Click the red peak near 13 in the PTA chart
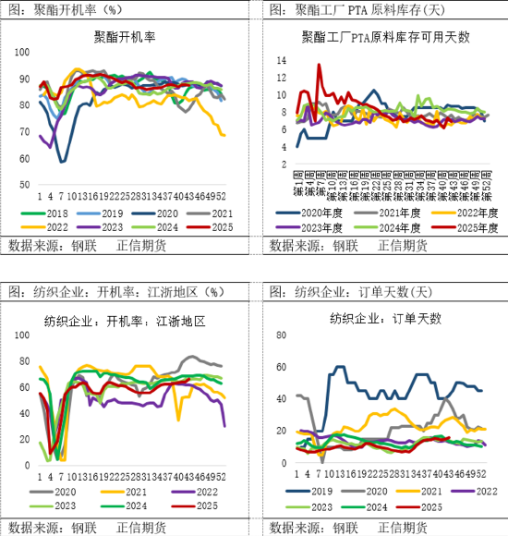[x=320, y=65]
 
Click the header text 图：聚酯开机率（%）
[x=64, y=9]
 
